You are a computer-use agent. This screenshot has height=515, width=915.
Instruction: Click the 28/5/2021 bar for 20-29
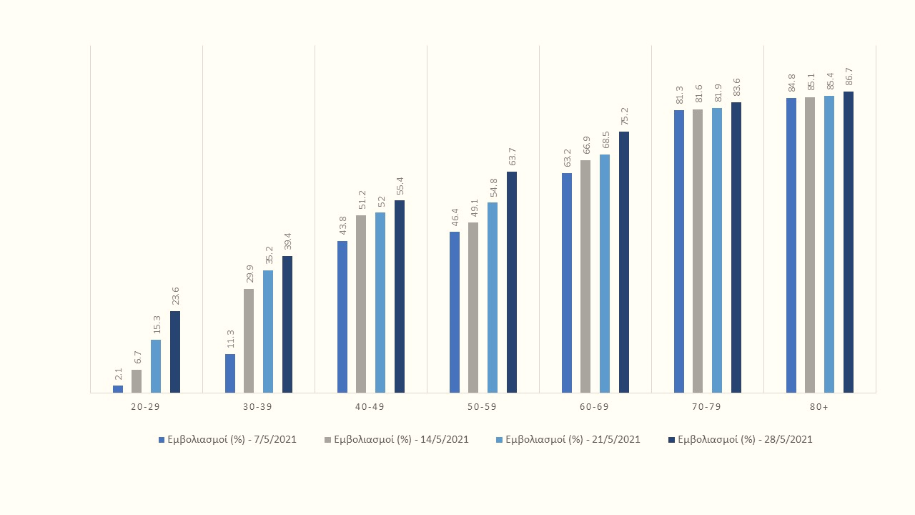click(175, 352)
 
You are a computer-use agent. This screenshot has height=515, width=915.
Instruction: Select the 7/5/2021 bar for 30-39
click(230, 373)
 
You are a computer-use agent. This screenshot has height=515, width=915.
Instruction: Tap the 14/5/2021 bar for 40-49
click(361, 304)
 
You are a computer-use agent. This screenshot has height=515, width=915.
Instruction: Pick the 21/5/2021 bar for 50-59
click(493, 298)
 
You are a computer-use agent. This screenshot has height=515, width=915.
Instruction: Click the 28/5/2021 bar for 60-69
click(624, 262)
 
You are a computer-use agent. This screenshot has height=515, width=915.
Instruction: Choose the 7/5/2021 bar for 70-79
click(679, 251)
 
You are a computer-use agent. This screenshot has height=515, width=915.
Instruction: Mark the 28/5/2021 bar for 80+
click(849, 242)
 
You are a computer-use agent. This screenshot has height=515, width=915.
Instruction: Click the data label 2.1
click(119, 374)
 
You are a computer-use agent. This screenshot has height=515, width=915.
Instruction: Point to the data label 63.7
click(513, 157)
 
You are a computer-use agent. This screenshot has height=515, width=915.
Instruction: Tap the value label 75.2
click(625, 117)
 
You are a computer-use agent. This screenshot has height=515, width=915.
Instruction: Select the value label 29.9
click(249, 274)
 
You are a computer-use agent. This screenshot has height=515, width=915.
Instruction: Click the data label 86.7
click(849, 77)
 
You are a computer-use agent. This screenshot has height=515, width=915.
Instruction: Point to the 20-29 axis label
click(145, 406)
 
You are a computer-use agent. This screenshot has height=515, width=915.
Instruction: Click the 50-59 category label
click(482, 406)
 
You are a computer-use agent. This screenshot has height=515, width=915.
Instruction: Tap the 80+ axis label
click(819, 406)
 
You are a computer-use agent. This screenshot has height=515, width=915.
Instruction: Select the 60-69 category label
click(594, 406)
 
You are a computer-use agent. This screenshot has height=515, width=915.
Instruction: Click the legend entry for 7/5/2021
click(227, 440)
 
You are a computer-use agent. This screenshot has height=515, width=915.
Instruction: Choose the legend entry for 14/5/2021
click(397, 440)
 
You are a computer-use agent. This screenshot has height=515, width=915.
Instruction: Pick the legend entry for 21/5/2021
click(568, 440)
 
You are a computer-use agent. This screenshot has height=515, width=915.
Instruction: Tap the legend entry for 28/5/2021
click(741, 440)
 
